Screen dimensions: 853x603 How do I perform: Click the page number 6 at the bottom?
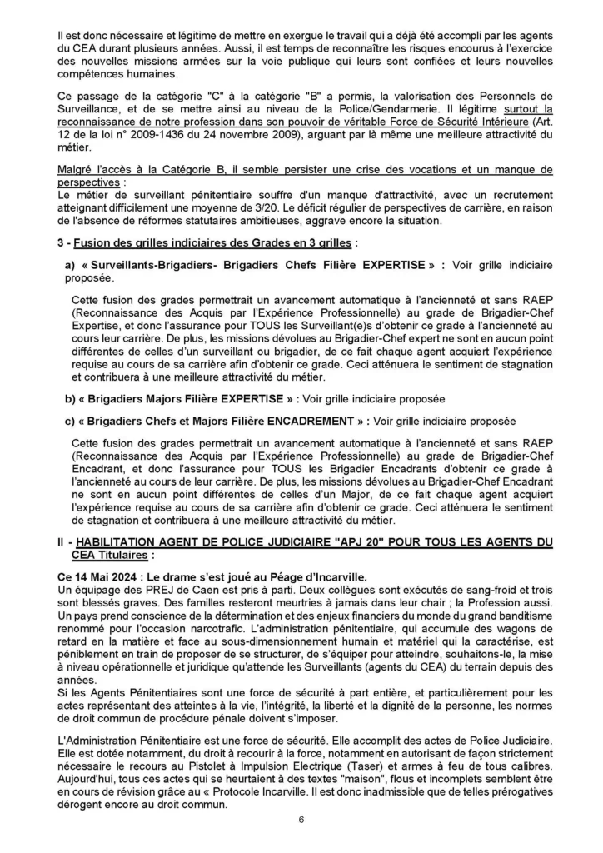pyautogui.click(x=301, y=820)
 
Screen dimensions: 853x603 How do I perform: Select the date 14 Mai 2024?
pyautogui.click(x=98, y=574)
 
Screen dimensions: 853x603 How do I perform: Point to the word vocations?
pyautogui.click(x=423, y=169)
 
